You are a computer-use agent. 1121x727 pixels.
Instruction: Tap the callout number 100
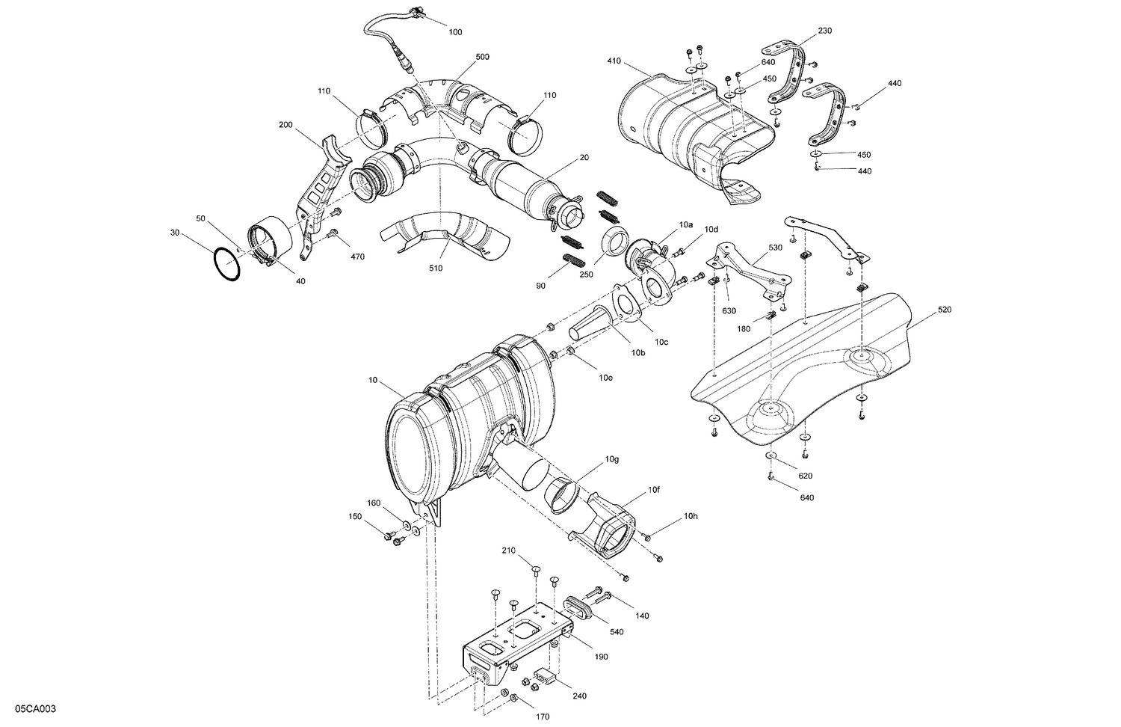coord(455,32)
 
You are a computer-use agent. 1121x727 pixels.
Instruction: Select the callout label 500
coord(483,57)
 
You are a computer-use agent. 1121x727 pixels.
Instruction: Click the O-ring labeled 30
coord(226,265)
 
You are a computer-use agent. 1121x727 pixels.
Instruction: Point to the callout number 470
coord(357,257)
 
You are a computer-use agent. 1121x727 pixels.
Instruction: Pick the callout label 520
coord(944,310)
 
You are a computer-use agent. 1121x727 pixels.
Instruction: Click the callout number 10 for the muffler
coord(373,381)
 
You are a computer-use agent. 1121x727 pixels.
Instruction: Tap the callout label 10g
coord(612,458)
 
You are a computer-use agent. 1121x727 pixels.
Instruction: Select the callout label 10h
coord(690,516)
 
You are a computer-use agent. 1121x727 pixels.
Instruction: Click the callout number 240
coord(579,696)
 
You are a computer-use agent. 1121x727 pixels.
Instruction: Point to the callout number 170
coord(543,717)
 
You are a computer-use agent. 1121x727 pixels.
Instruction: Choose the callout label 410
coord(614,61)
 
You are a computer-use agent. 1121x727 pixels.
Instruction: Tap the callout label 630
coord(729,310)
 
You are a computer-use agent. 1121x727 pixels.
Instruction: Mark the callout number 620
coord(805,476)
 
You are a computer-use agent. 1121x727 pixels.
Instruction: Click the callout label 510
coord(436,268)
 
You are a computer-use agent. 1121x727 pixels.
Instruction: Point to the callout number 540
coord(617,632)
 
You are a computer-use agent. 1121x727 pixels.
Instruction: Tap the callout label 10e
coord(605,378)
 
